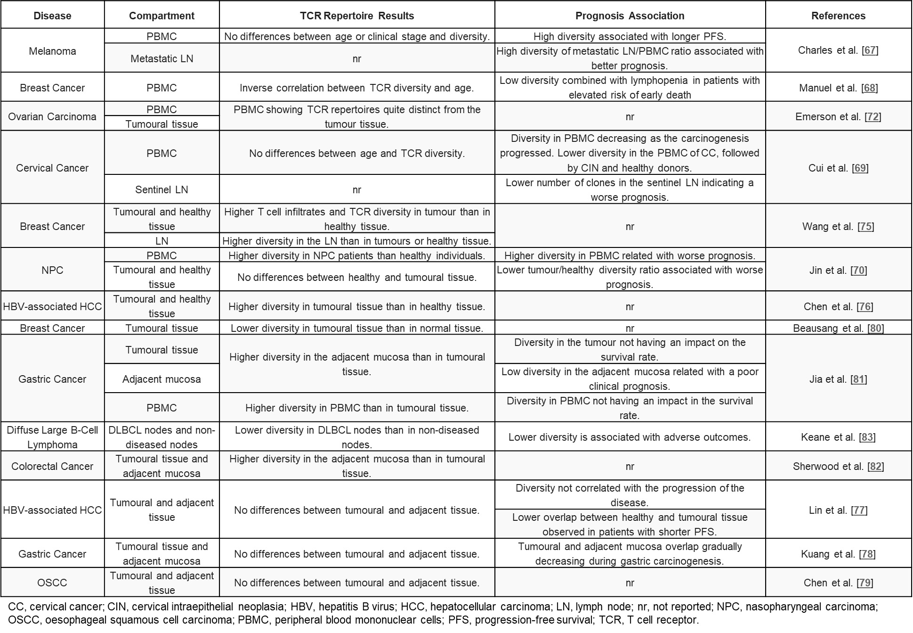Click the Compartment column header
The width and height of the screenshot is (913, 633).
pyautogui.click(x=162, y=16)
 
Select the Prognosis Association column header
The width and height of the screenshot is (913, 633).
pyautogui.click(x=630, y=16)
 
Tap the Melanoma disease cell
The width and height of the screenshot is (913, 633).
pyautogui.click(x=52, y=51)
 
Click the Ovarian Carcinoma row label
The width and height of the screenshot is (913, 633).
pyautogui.click(x=52, y=116)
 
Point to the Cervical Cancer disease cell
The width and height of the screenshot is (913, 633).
pyautogui.click(x=52, y=168)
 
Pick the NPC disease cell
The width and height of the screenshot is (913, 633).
pyautogui.click(x=52, y=270)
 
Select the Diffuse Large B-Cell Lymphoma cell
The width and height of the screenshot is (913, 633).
pyautogui.click(x=52, y=437)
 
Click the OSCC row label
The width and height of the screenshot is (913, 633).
pyautogui.click(x=52, y=583)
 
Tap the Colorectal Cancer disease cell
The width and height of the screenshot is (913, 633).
pyautogui.click(x=52, y=466)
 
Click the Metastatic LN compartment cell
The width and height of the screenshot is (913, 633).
pyautogui.click(x=162, y=58)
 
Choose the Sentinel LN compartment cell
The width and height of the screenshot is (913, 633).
pyautogui.click(x=162, y=189)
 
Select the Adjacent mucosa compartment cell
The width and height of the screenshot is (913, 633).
pyautogui.click(x=162, y=379)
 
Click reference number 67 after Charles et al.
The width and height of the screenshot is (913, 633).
pyautogui.click(x=870, y=50)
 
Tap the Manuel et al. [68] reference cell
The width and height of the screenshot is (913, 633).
pyautogui.click(x=838, y=88)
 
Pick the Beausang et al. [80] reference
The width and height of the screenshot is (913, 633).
pyautogui.click(x=838, y=328)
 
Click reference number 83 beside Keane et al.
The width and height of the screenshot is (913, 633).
pyautogui.click(x=867, y=437)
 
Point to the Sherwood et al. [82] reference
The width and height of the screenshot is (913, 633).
pyautogui.click(x=838, y=466)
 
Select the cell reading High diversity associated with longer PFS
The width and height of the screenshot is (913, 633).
pyautogui.click(x=630, y=36)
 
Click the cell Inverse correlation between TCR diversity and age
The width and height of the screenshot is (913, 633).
pyautogui.click(x=356, y=88)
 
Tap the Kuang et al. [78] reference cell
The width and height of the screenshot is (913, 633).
pyautogui.click(x=838, y=554)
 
